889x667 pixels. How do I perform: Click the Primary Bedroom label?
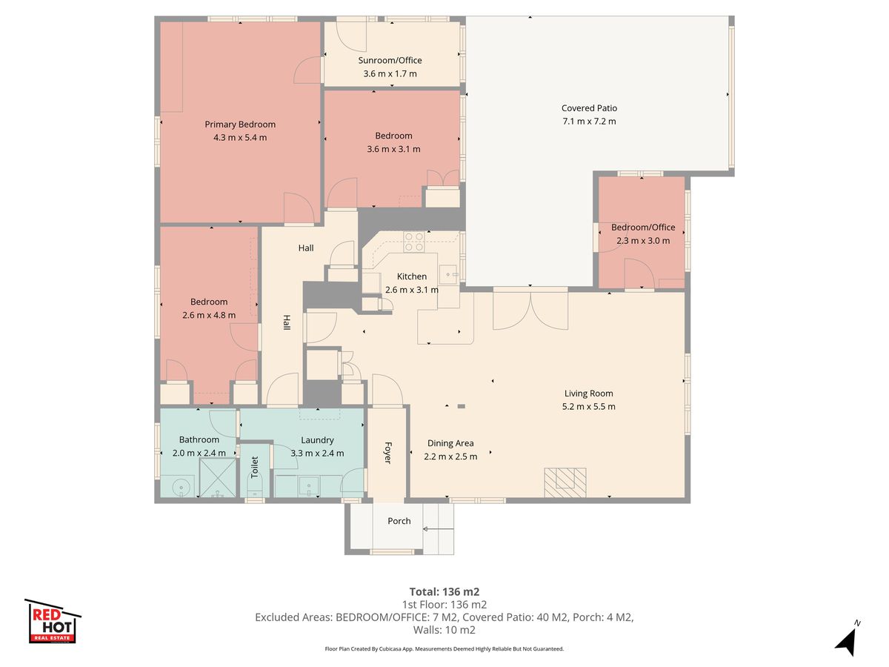pyautogui.click(x=240, y=125)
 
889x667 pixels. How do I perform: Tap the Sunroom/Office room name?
pyautogui.click(x=390, y=60)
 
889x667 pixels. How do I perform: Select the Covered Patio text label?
pyautogui.click(x=589, y=108)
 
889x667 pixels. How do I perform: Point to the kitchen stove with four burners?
pyautogui.click(x=414, y=242)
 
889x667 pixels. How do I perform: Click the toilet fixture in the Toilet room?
pyautogui.click(x=254, y=485)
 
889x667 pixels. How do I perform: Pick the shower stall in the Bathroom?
pyautogui.click(x=218, y=477)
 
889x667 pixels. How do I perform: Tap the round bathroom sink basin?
pyautogui.click(x=180, y=487)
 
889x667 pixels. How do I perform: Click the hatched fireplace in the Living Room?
pyautogui.click(x=565, y=482)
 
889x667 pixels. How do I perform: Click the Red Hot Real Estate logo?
pyautogui.click(x=53, y=621)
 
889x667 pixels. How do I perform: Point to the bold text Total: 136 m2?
pyautogui.click(x=444, y=591)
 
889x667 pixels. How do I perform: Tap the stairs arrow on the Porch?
pyautogui.click(x=439, y=529)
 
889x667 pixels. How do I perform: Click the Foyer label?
pyautogui.click(x=387, y=453)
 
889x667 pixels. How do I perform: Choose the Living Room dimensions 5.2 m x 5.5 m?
pyautogui.click(x=588, y=407)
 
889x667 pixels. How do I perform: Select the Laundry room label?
pyautogui.click(x=317, y=440)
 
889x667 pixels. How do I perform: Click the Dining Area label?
pyautogui.click(x=450, y=443)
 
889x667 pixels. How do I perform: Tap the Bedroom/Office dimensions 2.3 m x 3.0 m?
pyautogui.click(x=643, y=241)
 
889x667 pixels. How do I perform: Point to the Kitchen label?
pyautogui.click(x=411, y=276)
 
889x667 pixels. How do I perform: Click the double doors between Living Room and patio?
pyautogui.click(x=530, y=310)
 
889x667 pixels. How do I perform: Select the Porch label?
pyautogui.click(x=399, y=521)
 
